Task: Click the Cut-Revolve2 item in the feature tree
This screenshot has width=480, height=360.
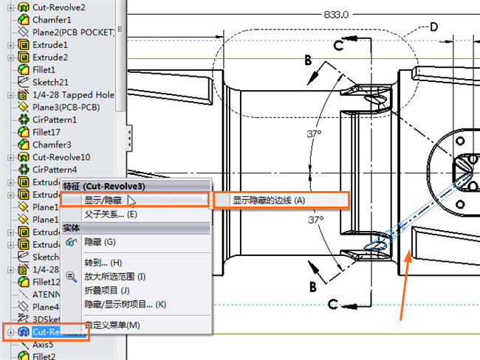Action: pos(58,7)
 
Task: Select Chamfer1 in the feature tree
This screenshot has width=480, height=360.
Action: pos(52,20)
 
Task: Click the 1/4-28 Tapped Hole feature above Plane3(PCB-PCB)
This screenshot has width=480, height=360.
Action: pos(72,94)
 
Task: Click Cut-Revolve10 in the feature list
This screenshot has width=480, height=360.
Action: pos(61,157)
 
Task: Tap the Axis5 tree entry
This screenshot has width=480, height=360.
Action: pos(42,344)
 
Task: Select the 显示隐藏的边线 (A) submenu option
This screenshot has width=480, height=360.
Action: pos(268,200)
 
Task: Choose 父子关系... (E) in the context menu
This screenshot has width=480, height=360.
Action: pos(111,215)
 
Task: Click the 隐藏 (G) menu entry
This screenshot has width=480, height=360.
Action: pos(100,241)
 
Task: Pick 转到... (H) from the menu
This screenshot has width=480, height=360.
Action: pos(103,263)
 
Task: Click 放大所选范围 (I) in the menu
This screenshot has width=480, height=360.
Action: pos(114,277)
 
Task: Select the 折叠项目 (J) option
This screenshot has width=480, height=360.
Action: pos(107,291)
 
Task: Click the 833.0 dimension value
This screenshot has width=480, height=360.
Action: pos(337,14)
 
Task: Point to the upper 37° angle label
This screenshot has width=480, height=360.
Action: pos(315,134)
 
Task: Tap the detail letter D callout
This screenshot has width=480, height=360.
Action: pos(433,27)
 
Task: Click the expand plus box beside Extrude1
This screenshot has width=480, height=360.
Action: pos(10,45)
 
